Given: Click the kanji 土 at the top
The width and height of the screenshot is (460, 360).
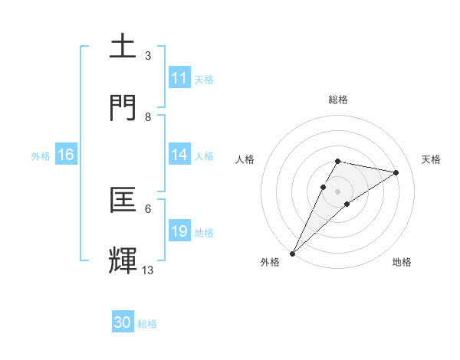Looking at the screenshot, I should pos(123,47).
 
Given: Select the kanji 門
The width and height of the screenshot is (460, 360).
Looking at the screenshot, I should pos(123,107).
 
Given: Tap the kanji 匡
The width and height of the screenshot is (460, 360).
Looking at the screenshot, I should pos(123,199).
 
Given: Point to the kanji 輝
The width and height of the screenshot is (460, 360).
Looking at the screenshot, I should pos(123,260).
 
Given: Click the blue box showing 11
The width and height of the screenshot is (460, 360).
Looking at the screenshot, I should pos(179,78).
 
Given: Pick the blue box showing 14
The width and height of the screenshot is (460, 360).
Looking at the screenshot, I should pos(179,155).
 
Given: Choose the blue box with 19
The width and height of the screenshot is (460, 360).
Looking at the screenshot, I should pos(179,231).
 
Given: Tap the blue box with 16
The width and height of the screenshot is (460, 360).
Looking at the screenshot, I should pos(66,155).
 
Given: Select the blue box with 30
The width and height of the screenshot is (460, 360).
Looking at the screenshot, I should pos(123,323).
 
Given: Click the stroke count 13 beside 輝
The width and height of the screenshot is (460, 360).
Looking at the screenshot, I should pos(148,270).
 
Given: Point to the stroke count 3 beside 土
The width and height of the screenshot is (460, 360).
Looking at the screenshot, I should pos(148,55).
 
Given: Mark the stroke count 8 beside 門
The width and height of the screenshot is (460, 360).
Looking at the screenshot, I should pos(148,116).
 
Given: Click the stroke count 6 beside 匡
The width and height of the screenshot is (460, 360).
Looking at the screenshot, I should pos(148,208).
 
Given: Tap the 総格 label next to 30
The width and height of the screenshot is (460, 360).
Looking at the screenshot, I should pos(147,324).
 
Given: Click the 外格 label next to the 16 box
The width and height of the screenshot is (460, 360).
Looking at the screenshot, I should pos(41,155).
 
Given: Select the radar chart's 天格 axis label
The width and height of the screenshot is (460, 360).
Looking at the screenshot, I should pos(432,159).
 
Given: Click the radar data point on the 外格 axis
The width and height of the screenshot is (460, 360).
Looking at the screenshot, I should pos(292,253).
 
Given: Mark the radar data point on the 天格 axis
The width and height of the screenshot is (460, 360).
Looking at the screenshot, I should pos(396,172).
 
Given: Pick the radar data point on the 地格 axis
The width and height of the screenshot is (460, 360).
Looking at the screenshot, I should pos(347,204).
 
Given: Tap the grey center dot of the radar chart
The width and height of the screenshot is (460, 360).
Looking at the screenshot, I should pos(337,191).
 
